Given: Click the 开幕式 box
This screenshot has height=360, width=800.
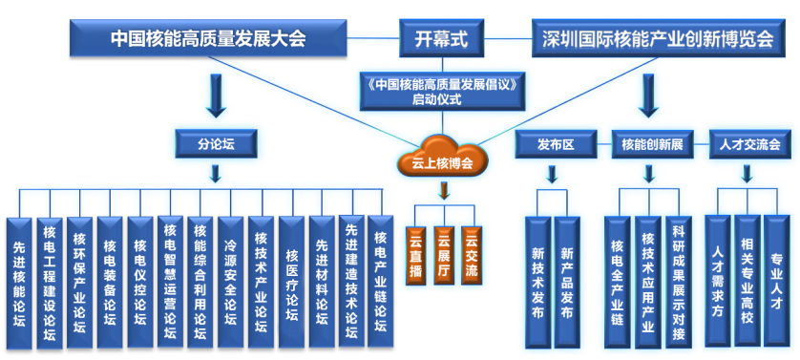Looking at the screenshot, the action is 441,38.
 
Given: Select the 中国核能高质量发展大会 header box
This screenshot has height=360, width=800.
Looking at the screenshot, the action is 208,38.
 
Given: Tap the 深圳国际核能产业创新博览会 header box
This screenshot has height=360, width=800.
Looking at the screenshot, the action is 658,38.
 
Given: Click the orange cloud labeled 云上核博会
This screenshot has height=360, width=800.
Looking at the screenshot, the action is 442,156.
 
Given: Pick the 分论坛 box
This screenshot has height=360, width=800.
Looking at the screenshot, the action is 216,143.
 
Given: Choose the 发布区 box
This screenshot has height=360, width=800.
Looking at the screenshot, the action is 556,144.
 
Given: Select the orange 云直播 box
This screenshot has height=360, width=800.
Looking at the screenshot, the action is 416,255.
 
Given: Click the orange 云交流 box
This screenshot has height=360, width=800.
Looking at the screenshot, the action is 472,255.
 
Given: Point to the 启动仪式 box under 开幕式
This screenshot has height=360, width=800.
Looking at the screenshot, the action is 442,91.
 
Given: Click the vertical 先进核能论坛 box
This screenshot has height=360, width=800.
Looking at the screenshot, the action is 19,284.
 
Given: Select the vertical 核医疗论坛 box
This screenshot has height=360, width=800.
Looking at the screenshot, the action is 291,283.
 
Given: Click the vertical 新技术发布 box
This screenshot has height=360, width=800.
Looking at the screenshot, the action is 537,283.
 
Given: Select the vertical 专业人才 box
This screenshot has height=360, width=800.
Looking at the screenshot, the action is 776,281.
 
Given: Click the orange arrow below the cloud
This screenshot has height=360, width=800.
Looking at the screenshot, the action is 444,189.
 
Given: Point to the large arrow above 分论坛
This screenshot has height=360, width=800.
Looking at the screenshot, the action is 216,96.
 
